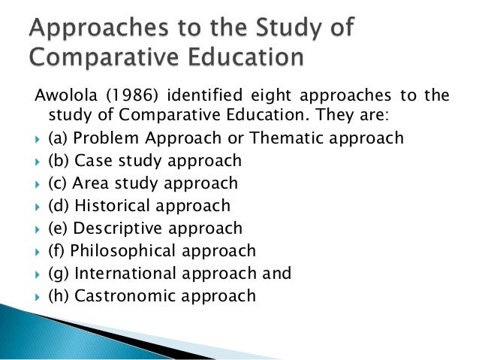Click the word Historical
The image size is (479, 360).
click(113, 205)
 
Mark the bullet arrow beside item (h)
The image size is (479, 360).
click(38, 296)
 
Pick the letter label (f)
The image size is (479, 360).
click(55, 250)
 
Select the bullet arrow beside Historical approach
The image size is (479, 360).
click(38, 206)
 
